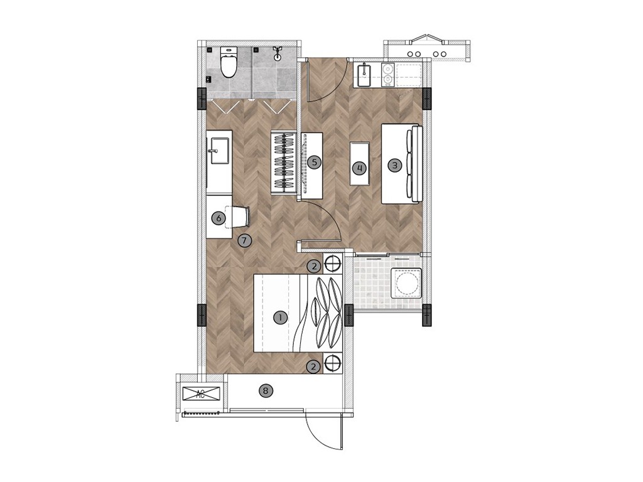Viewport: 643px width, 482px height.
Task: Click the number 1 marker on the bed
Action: pos(281,318)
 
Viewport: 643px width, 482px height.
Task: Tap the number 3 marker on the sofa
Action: pos(395,166)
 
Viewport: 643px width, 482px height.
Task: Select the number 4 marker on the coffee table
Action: pos(360,168)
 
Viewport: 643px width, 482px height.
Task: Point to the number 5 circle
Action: pos(315,162)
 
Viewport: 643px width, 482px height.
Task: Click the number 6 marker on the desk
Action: pos(219,218)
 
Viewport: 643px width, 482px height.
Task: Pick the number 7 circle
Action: pos(244,240)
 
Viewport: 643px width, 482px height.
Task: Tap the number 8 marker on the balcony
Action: pos(266,391)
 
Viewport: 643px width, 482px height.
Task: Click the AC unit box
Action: pos(201,394)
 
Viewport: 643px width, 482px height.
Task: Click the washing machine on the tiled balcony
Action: pos(406,283)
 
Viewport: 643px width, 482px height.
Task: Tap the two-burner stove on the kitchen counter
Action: pos(387,75)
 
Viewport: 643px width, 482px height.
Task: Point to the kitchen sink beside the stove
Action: pos(364,75)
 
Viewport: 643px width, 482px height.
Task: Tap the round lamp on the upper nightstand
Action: pos(333,263)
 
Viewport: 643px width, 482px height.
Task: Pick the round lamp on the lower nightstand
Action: pos(333,363)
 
